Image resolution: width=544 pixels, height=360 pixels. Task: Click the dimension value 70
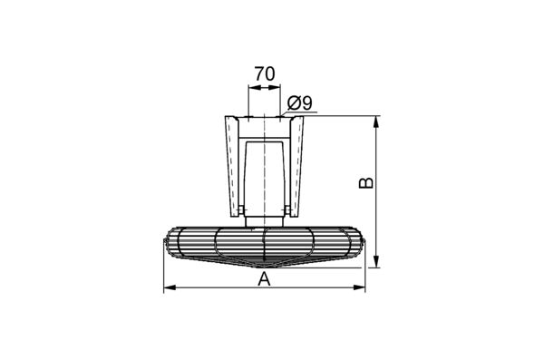point(265,73)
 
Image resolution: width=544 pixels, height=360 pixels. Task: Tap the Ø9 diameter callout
point(300,102)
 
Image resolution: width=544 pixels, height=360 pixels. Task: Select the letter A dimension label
point(264,278)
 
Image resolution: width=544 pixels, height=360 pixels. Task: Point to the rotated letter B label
point(365,183)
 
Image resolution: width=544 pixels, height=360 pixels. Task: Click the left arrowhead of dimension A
point(170,287)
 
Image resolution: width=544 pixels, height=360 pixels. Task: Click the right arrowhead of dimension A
point(359,287)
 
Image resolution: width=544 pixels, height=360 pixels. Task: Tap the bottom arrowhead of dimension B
point(375,262)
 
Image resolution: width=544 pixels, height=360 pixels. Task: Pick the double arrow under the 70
point(264,87)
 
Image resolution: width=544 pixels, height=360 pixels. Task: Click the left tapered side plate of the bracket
point(232,166)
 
